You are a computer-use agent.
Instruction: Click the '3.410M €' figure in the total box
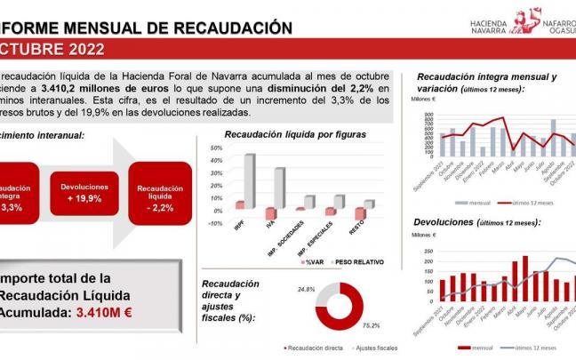105,312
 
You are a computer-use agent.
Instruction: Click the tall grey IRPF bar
250,181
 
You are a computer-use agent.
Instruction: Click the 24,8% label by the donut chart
308,290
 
